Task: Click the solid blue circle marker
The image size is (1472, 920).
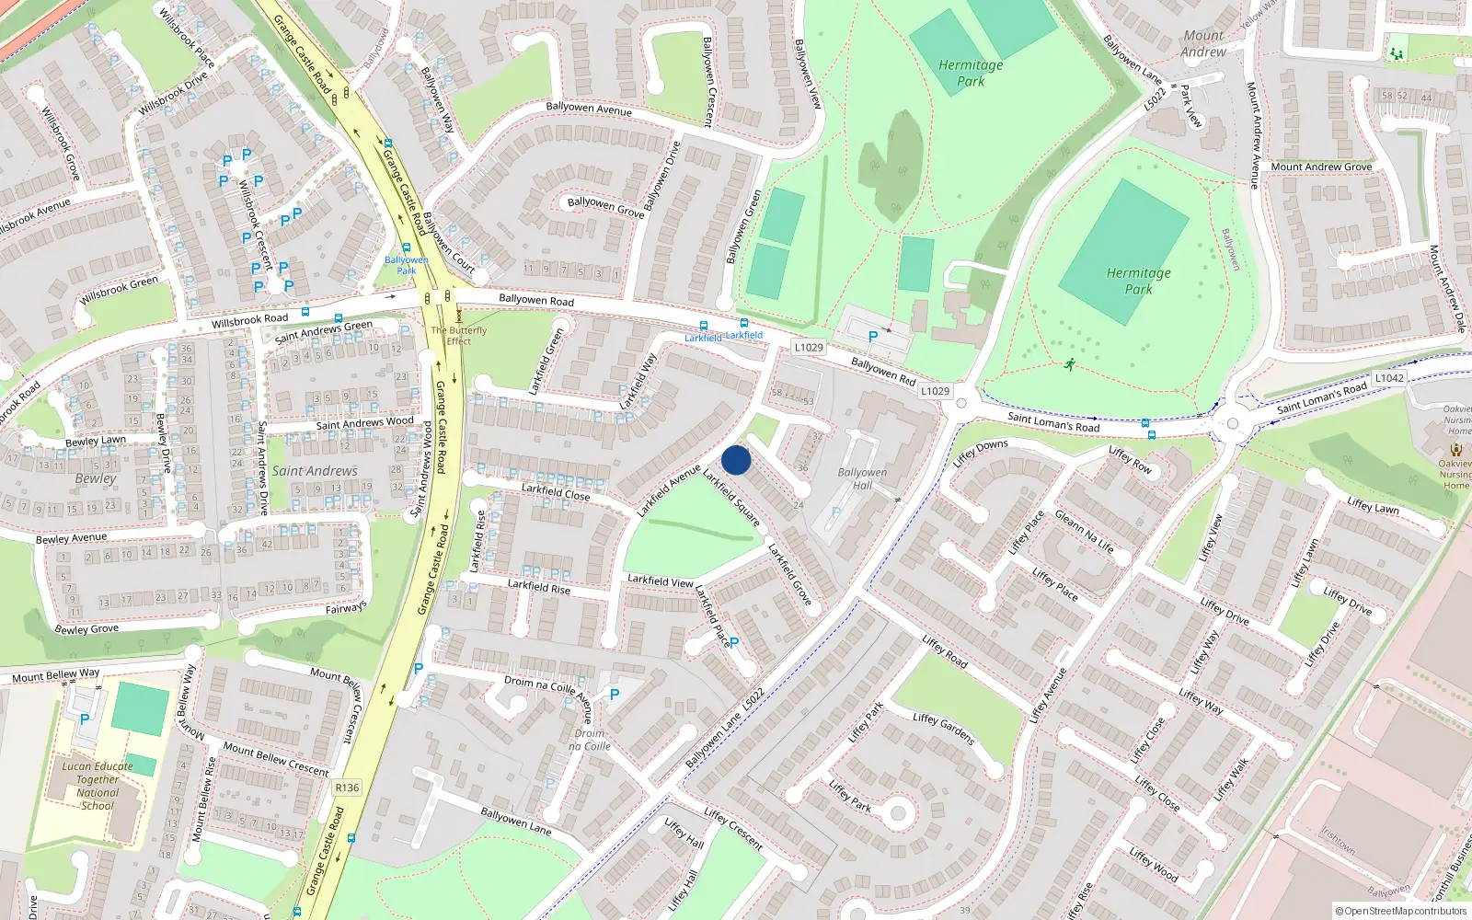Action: (736, 460)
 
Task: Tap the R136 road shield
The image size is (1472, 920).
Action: (347, 788)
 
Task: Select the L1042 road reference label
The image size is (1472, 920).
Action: (1389, 378)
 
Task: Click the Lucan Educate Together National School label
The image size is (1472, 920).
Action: (98, 786)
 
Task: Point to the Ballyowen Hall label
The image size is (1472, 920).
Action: (862, 478)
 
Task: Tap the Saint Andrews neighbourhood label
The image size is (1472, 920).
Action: (315, 471)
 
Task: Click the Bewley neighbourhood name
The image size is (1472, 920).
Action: (96, 478)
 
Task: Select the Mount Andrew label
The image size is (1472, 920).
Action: (1203, 44)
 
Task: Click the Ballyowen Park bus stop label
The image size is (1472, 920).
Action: (406, 265)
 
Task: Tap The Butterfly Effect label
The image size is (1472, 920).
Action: (458, 336)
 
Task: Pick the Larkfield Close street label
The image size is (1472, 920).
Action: (556, 492)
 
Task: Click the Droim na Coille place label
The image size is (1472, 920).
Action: (590, 740)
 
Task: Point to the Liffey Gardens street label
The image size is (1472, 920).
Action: (943, 729)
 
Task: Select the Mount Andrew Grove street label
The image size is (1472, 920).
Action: (1321, 167)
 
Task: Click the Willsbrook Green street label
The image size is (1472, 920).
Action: (119, 291)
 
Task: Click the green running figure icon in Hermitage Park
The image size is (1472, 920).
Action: (1070, 364)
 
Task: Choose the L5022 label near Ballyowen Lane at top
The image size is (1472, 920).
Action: (1156, 98)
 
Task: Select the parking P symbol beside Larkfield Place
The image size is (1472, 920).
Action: (734, 642)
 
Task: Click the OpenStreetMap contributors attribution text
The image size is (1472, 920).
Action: (1401, 912)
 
